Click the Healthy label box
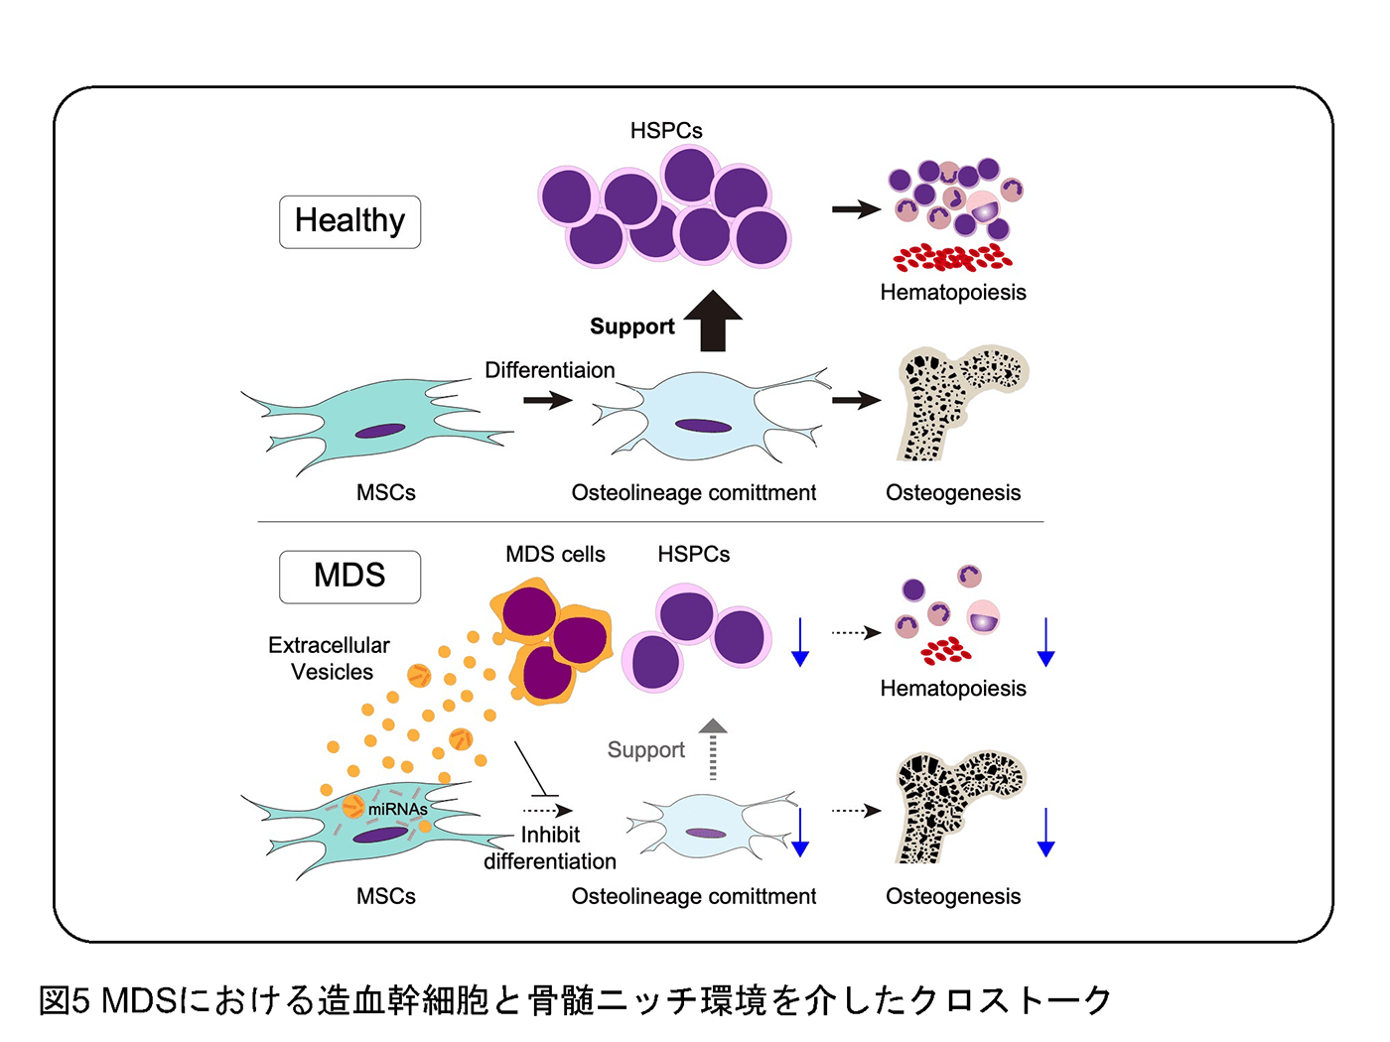coord(349,221)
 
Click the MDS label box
coord(349,577)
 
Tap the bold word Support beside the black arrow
coord(632,326)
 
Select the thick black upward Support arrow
coord(713,321)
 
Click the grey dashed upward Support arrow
coord(713,748)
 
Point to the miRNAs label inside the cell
coord(397,809)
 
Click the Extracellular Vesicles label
coord(330,658)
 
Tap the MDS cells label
coord(555,554)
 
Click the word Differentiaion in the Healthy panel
coord(550,370)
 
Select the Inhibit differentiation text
coord(550,847)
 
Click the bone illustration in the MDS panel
coord(960,807)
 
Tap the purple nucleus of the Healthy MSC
coord(380,431)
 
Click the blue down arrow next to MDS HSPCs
coord(800,642)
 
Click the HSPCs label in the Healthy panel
coord(666,130)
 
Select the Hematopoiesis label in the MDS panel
coord(953,688)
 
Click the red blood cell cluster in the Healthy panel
coord(952,257)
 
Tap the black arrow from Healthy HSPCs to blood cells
coord(856,208)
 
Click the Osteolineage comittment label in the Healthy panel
coord(693,492)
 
